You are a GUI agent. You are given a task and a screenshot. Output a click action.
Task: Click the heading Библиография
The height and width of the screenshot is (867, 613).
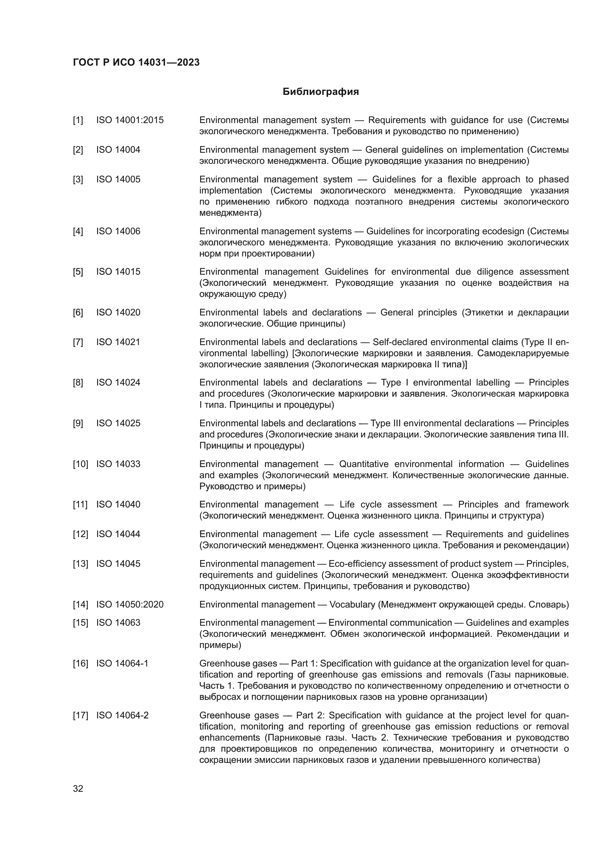(321, 92)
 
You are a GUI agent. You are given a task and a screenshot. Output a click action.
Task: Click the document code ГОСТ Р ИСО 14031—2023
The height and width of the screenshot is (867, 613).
(136, 63)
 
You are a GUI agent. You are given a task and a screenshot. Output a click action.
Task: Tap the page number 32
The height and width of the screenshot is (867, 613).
(78, 788)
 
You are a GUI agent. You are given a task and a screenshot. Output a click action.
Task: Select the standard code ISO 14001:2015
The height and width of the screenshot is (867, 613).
(130, 120)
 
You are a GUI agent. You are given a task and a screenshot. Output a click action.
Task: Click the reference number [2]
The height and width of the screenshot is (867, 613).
(78, 150)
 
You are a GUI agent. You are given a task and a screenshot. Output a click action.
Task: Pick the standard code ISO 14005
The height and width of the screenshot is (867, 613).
(118, 179)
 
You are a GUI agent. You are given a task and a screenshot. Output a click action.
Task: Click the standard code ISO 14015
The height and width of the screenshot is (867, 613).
(118, 272)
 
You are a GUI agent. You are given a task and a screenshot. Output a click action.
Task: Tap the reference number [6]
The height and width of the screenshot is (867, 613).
(78, 313)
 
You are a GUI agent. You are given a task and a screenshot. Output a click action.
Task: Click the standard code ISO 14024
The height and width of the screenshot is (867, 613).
(118, 383)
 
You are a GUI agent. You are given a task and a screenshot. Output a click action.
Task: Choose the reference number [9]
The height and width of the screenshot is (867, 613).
(78, 423)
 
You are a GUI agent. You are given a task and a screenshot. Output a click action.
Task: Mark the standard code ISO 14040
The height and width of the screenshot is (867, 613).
(118, 504)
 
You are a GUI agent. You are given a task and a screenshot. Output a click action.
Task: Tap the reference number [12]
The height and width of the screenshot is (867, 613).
(80, 535)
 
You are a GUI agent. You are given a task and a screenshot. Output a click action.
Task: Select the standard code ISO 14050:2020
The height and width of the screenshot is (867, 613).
(130, 605)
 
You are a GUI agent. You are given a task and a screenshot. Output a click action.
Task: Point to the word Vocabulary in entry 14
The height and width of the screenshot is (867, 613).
(352, 605)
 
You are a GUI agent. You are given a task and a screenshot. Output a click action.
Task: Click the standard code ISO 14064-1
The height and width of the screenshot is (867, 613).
(122, 664)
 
